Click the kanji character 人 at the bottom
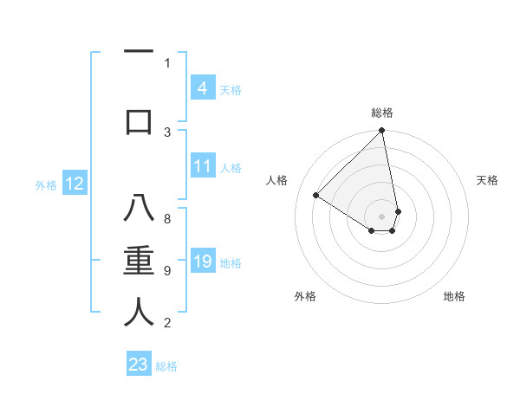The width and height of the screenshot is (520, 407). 139,312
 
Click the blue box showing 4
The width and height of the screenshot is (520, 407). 202,88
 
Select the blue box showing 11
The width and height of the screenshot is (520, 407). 202,166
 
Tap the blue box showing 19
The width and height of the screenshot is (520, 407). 202,262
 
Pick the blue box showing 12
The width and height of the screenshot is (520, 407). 74,184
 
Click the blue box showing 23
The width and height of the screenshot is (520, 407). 139,365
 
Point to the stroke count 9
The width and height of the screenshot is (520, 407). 167,271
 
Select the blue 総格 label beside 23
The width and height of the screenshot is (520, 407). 166,365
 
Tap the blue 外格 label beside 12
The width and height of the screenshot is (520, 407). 46,184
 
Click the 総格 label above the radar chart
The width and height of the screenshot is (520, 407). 382,113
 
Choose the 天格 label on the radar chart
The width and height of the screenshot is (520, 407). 487,180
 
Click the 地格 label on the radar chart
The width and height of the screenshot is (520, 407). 454,296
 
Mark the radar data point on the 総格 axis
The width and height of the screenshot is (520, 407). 382,132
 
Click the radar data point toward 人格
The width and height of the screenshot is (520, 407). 316,196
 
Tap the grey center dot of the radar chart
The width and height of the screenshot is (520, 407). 382,216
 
